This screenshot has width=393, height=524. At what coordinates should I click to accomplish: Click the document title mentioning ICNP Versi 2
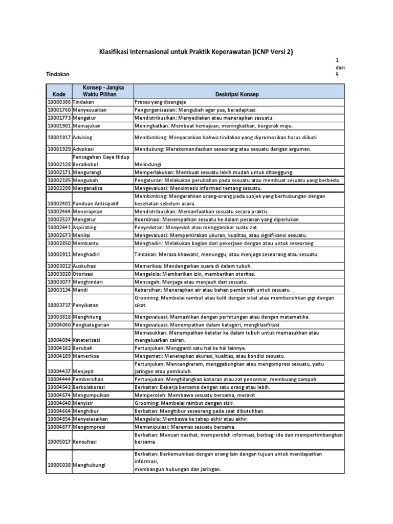(196, 52)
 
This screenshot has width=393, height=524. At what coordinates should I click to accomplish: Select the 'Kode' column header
(59, 95)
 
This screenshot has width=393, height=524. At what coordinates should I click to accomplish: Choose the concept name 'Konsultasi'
(86, 441)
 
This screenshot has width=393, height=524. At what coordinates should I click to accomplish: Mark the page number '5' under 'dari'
(337, 75)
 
